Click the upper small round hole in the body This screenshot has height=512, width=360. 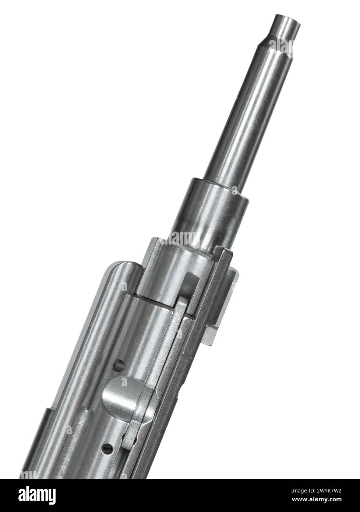click(x=119, y=365)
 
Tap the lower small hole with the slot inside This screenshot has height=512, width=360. click(x=107, y=447)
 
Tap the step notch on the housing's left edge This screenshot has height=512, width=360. click(x=50, y=413)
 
